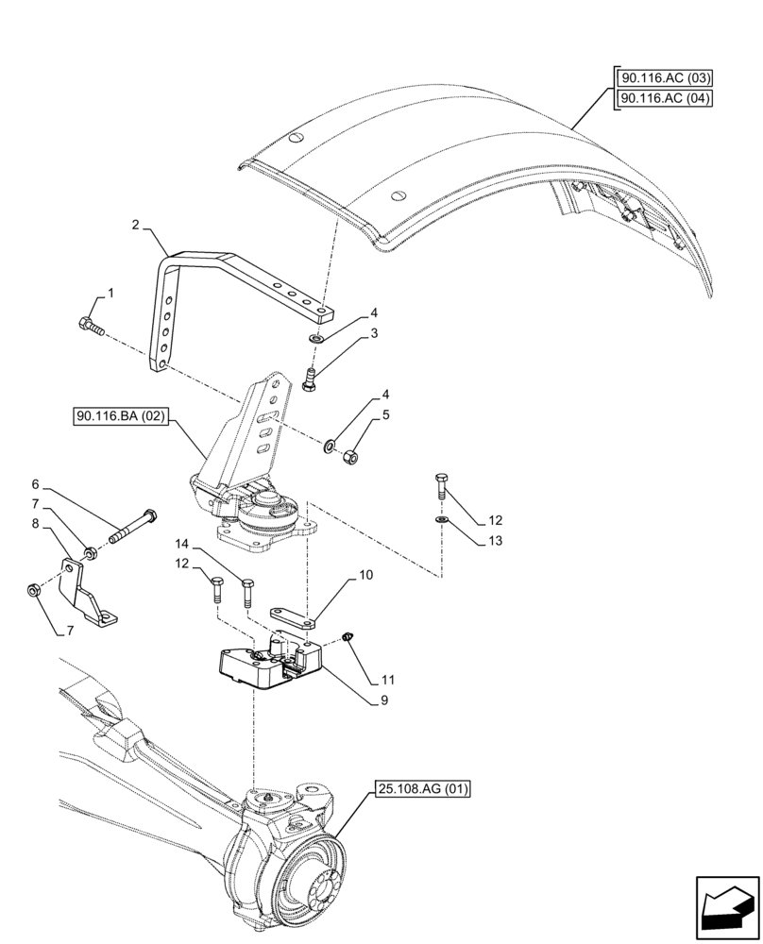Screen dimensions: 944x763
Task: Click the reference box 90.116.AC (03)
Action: (x=665, y=78)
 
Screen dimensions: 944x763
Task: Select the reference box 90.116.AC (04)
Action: (x=665, y=98)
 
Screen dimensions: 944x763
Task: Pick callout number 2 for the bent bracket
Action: (x=136, y=225)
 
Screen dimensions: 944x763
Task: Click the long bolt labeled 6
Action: (x=133, y=529)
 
